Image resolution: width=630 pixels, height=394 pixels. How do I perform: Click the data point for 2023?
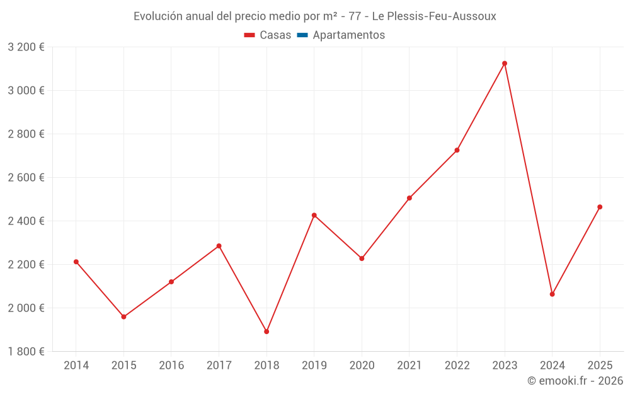tap(505, 63)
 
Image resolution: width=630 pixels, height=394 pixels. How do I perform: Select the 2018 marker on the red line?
tap(266, 332)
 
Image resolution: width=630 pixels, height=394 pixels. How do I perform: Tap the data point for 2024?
tap(553, 294)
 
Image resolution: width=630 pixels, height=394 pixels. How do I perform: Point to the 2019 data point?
tap(314, 215)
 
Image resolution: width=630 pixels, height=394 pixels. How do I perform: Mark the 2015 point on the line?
tap(123, 316)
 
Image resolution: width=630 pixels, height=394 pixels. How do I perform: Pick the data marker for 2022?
tap(457, 150)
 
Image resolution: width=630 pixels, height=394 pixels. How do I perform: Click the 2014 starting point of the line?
tap(76, 262)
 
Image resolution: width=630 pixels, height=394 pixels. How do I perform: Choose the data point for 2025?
tap(600, 207)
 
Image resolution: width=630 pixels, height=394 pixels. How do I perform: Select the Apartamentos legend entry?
tap(348, 35)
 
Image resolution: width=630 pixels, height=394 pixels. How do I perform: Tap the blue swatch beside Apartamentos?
tap(302, 35)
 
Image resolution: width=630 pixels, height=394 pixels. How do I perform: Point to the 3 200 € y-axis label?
tap(26, 47)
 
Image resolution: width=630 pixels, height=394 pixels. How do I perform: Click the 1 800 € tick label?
tap(26, 351)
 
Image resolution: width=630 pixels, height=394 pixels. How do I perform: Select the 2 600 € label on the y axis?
tap(26, 178)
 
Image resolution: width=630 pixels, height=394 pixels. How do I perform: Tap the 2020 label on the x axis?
tap(362, 366)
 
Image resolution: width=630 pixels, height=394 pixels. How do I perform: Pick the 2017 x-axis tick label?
tap(219, 366)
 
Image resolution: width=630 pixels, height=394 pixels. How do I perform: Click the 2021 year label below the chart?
tap(409, 366)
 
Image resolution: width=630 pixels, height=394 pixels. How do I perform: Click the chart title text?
tap(314, 16)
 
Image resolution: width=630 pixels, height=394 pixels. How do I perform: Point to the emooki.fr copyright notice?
tap(575, 381)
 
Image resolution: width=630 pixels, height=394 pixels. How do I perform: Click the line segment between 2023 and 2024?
tap(529, 178)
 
